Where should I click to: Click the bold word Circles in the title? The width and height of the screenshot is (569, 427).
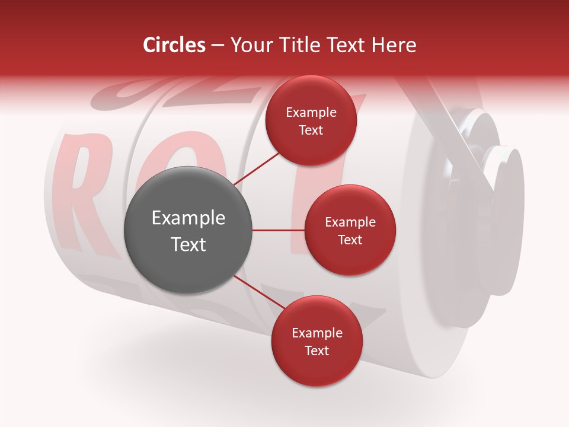click(174, 45)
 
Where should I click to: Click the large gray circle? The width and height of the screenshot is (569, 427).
click(188, 230)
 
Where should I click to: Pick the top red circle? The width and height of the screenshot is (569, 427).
click(311, 120)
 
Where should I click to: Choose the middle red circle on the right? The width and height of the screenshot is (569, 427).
click(350, 230)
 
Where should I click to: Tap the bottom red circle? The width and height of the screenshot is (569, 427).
click(317, 342)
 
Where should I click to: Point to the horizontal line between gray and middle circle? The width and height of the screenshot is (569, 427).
click(278, 230)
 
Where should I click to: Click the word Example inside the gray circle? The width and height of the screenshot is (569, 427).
click(188, 218)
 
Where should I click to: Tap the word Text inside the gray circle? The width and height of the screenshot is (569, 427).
click(188, 244)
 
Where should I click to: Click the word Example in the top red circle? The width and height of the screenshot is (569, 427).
click(311, 112)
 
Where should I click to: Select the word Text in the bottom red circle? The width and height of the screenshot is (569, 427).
click(317, 350)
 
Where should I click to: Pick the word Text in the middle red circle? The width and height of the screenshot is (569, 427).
click(350, 240)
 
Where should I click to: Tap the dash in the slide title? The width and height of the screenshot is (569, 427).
click(217, 46)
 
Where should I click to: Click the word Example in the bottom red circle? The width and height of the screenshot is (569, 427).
click(317, 333)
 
